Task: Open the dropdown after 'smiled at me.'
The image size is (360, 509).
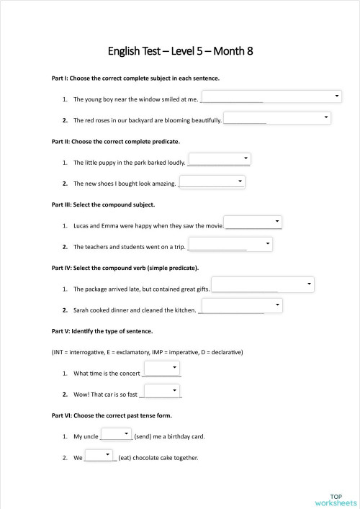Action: [x=271, y=96]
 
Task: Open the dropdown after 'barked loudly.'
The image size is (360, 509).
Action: [x=219, y=159]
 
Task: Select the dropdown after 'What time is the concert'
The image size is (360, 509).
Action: [x=162, y=369]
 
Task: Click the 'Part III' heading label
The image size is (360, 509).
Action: [x=61, y=204]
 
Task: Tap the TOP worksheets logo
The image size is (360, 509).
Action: [x=336, y=499]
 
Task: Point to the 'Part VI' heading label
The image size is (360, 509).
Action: [x=61, y=415]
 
